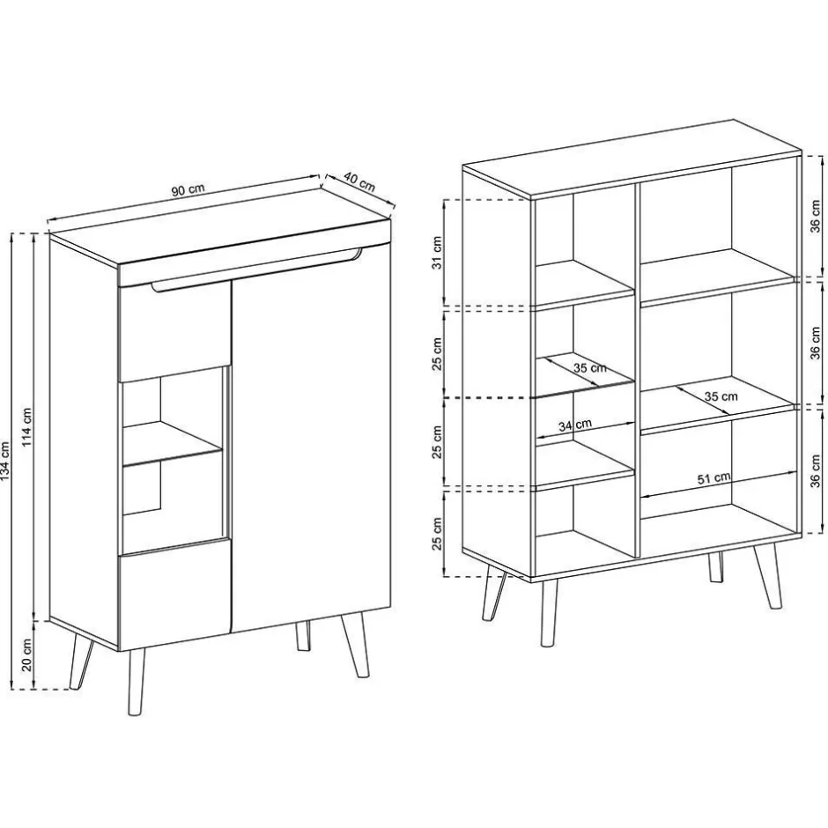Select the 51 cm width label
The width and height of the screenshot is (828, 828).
click(713, 477)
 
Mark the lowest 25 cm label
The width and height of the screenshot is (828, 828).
click(435, 531)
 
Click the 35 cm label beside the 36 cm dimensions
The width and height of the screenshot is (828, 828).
click(721, 396)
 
